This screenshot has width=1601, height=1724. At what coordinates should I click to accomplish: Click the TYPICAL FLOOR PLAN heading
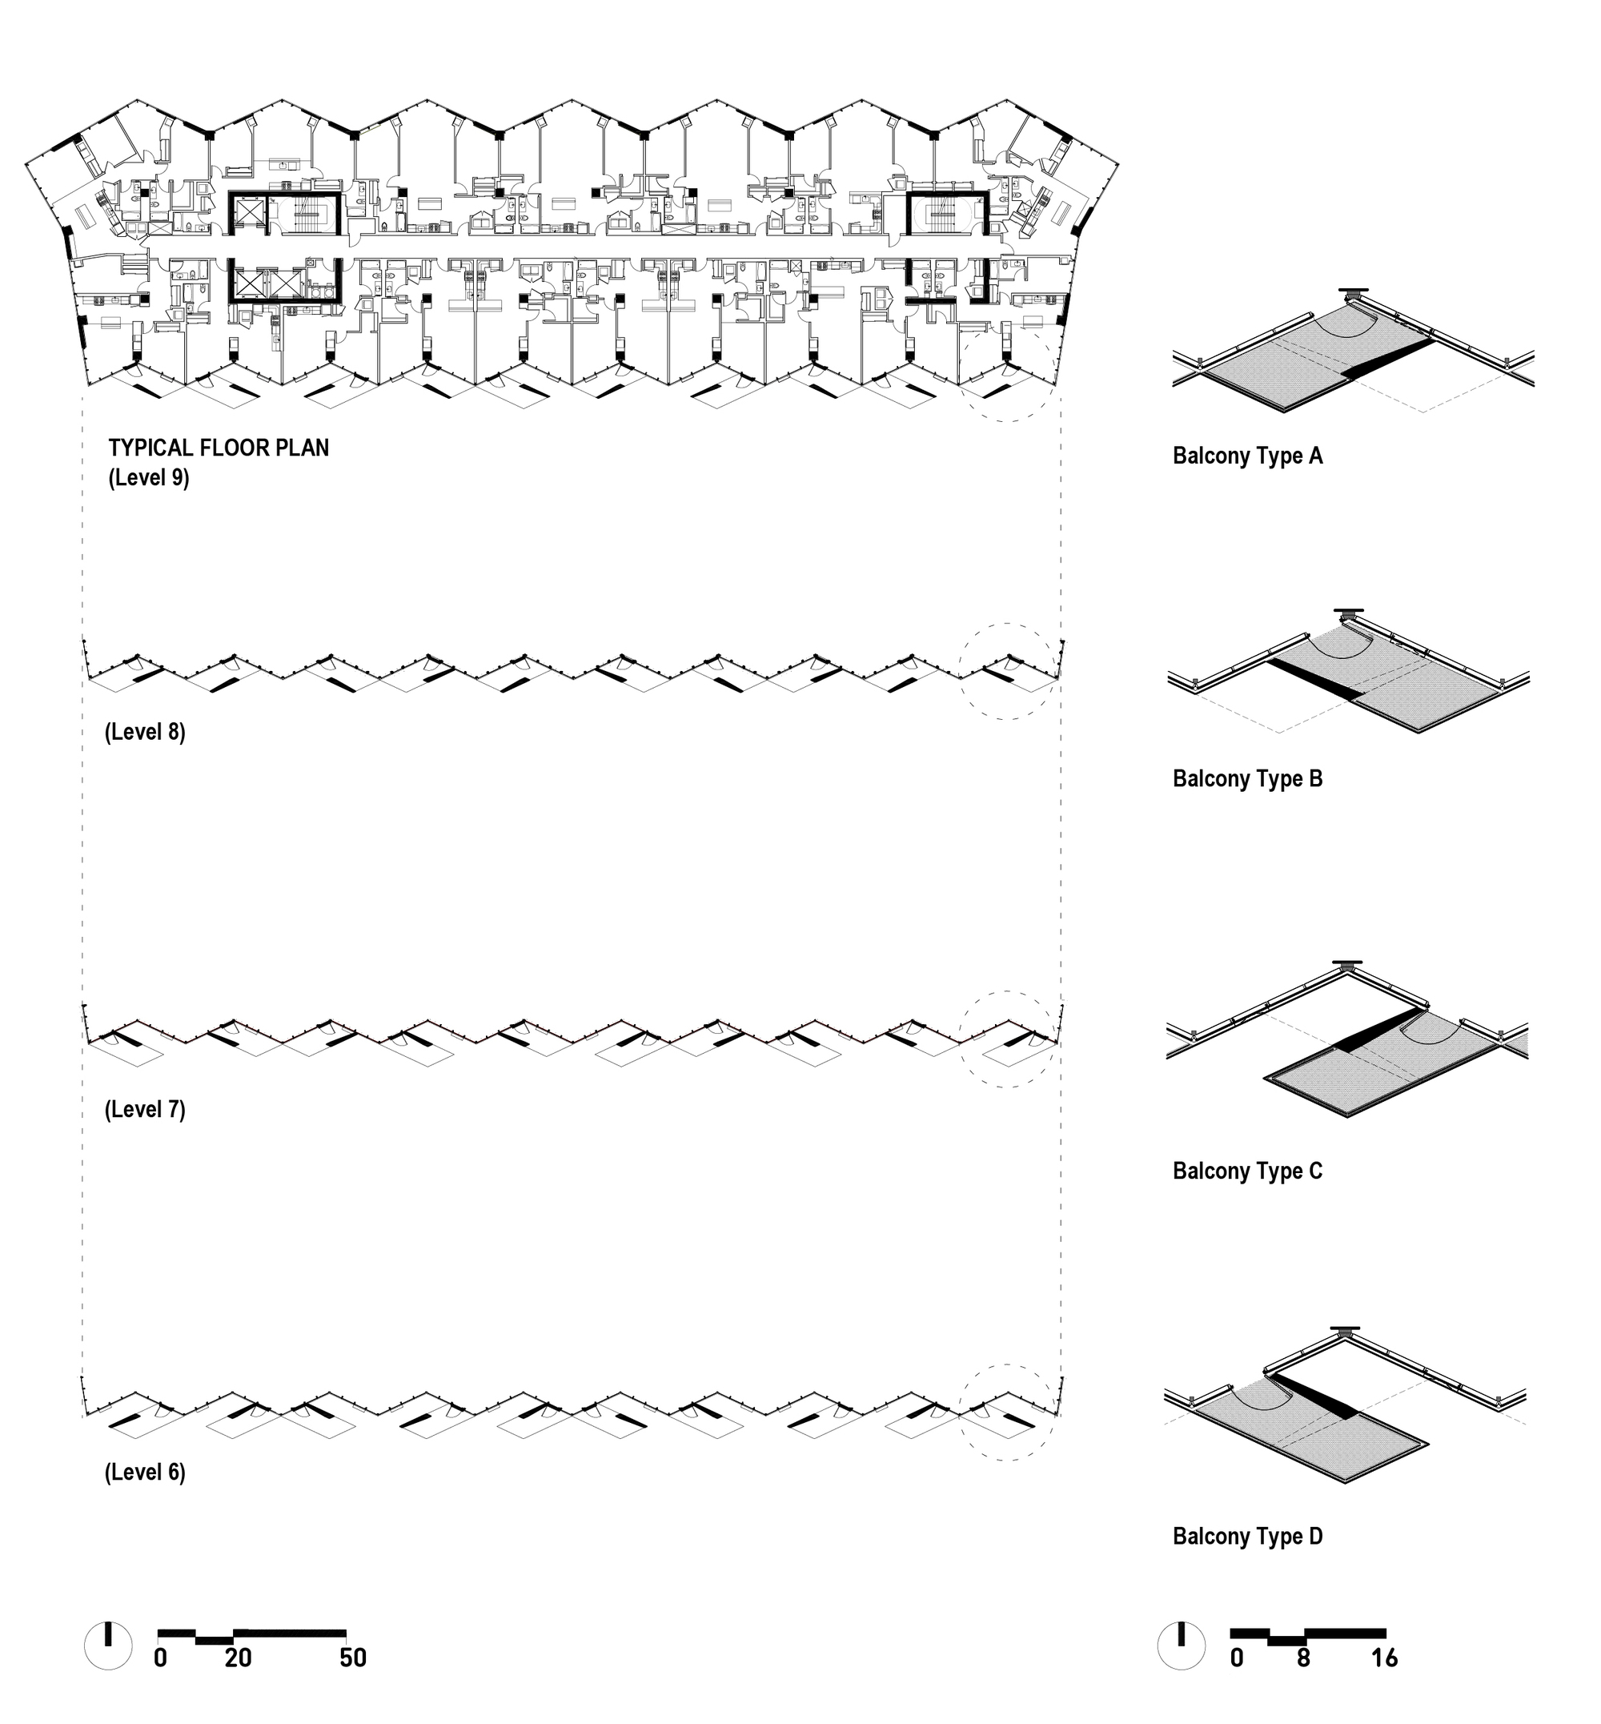pos(219,448)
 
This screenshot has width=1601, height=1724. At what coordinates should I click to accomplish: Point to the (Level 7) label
pos(145,1110)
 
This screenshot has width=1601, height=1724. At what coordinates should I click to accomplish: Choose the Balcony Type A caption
pos(1247,456)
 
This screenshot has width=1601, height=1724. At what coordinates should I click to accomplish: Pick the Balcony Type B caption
pos(1247,778)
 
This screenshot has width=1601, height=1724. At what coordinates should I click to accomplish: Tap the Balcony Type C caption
pos(1247,1171)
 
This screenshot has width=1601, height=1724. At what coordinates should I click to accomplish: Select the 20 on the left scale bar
pos(238,1658)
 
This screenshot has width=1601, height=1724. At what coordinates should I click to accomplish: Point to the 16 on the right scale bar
pos(1384,1658)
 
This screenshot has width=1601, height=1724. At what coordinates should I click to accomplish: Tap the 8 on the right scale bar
pos(1304,1658)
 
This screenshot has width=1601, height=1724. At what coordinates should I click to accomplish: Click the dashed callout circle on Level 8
pos(1009,671)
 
